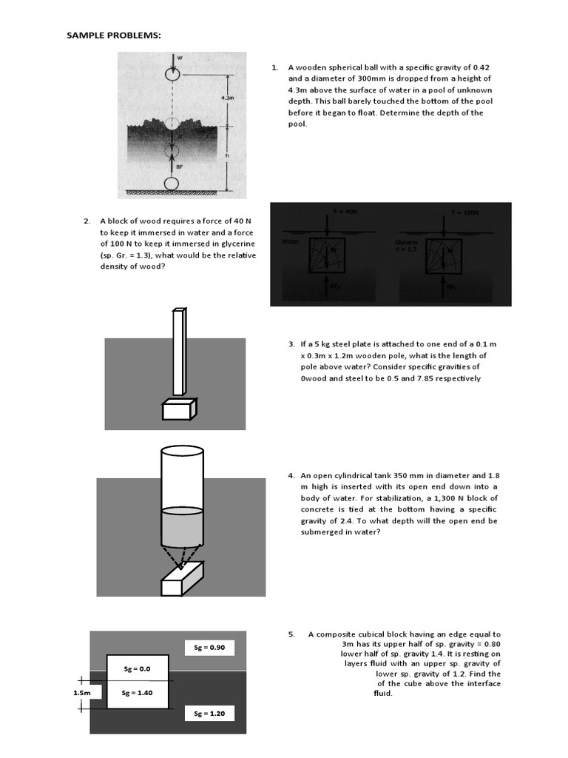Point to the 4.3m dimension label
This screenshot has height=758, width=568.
click(x=227, y=97)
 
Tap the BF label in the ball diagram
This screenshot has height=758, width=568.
click(x=179, y=167)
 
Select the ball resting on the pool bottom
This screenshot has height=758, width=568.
click(x=172, y=182)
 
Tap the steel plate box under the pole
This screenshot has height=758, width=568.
click(x=180, y=408)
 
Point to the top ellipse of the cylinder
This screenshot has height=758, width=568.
click(x=181, y=452)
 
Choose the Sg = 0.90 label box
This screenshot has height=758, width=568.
click(x=209, y=648)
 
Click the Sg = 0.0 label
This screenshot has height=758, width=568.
click(x=137, y=668)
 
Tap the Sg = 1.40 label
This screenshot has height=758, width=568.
click(x=137, y=693)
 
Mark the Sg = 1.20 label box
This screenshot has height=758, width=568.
click(x=209, y=714)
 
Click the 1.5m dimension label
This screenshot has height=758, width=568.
click(x=81, y=693)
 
